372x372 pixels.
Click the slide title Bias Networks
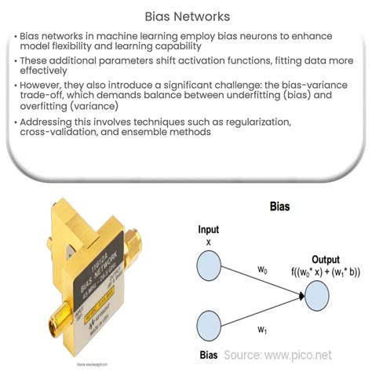tap(185, 15)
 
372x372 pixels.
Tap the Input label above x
tap(210, 231)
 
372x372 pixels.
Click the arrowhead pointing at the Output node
tap(301, 297)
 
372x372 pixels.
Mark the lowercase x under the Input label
tap(209, 242)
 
